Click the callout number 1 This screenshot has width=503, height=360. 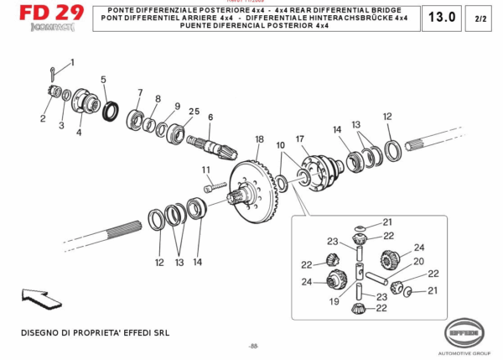[72, 63]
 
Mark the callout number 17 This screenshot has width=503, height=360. [299, 138]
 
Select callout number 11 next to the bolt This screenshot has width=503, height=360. [206, 170]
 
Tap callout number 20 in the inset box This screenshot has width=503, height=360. [418, 261]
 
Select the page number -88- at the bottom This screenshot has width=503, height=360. [252, 347]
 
